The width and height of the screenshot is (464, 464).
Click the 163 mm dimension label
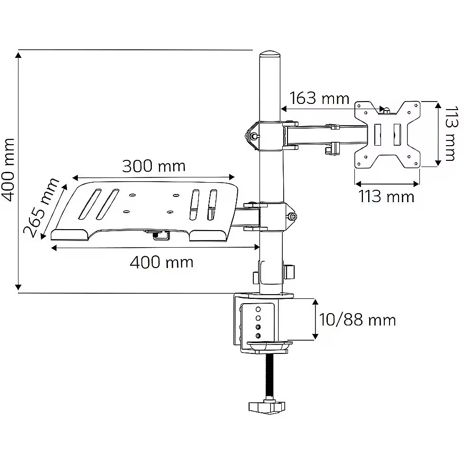pyautogui.click(x=319, y=98)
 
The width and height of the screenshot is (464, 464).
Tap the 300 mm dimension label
pyautogui.click(x=154, y=166)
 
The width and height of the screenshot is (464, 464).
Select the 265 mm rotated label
pyautogui.click(x=41, y=207)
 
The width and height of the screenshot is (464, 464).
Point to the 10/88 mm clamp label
pyautogui.click(x=357, y=320)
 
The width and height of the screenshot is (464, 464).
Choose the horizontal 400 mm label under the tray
pyautogui.click(x=162, y=262)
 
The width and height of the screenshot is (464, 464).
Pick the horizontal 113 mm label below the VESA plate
pyautogui.click(x=386, y=196)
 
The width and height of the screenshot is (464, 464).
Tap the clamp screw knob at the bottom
pyautogui.click(x=267, y=407)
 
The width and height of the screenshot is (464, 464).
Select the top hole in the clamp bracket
pyautogui.click(x=258, y=309)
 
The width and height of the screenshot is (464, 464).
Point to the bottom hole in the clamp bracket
pyautogui.click(x=258, y=335)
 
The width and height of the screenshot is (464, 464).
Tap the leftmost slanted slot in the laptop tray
pyautogui.click(x=90, y=204)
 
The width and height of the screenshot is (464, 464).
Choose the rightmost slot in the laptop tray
pyautogui.click(x=212, y=205)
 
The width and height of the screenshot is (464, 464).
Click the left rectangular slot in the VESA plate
pyautogui.click(x=378, y=135)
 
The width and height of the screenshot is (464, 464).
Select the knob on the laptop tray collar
pyautogui.click(x=292, y=217)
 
